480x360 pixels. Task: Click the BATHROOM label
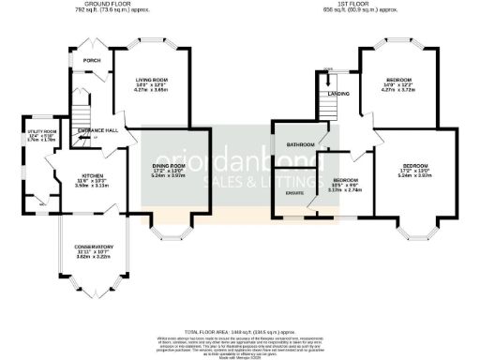coord(300,145)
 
